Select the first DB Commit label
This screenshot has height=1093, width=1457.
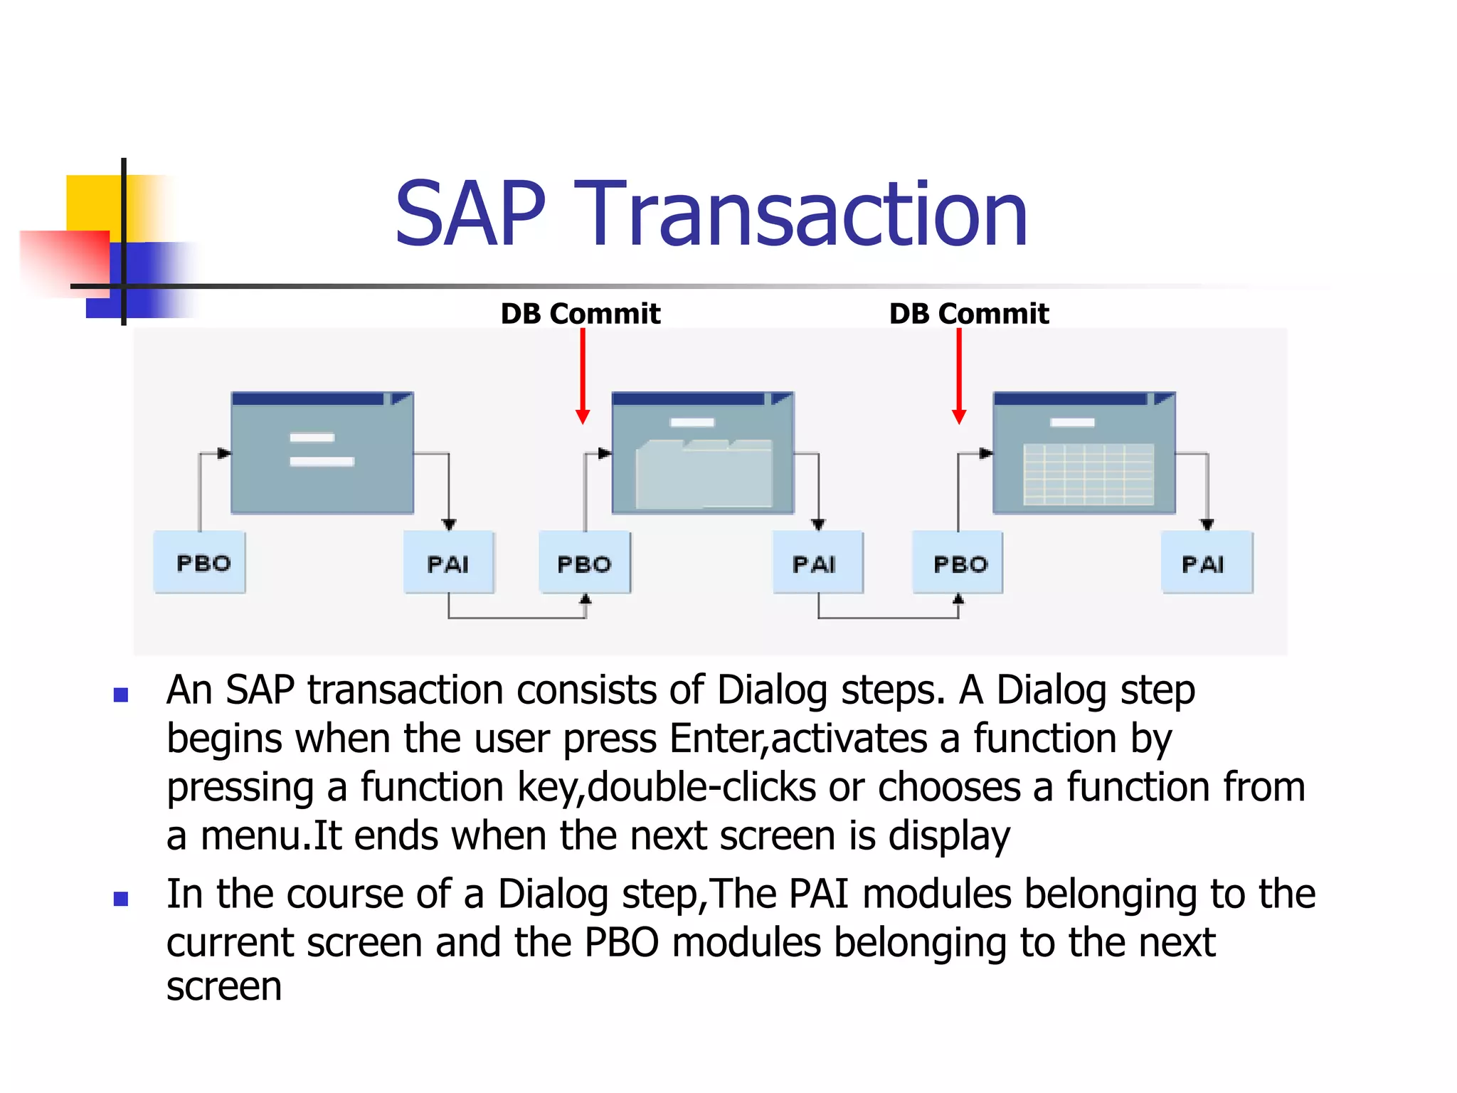580,314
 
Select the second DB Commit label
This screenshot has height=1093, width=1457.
968,314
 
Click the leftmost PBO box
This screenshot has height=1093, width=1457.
200,563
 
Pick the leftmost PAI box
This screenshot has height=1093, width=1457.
448,563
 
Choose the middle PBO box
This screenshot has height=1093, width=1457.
584,563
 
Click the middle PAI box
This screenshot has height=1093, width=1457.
817,563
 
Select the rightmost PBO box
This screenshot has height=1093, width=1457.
958,563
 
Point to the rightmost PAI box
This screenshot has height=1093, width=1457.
1207,563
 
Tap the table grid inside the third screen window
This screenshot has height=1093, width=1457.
1088,474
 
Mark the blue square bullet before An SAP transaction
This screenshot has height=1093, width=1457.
121,695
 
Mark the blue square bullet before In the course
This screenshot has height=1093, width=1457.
121,899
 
